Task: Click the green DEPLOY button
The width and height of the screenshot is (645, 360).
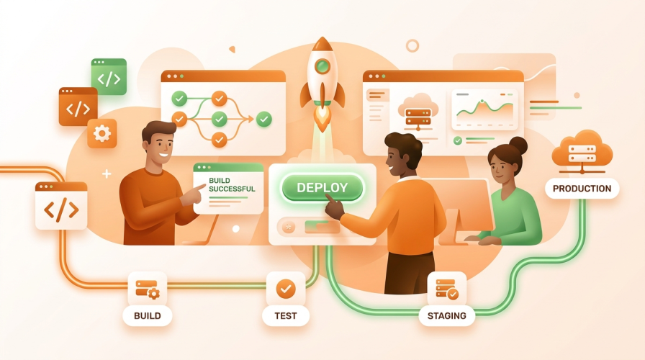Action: tap(322, 188)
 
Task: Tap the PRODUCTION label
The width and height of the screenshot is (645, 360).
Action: tap(582, 189)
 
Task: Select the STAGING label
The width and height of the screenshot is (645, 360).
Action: tap(447, 316)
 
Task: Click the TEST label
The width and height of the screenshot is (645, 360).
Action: tap(286, 316)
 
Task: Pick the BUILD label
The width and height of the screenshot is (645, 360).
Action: tap(148, 316)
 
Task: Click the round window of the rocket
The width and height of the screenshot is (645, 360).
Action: tap(322, 66)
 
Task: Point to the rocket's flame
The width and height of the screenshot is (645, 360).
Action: tap(322, 119)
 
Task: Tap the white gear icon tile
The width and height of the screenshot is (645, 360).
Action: tap(102, 134)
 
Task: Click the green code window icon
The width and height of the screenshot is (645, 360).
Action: tap(109, 77)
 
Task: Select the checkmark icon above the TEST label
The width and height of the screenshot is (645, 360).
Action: tap(286, 289)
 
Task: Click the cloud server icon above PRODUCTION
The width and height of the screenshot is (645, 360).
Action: tap(582, 151)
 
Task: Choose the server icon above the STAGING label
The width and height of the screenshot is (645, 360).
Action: tap(447, 289)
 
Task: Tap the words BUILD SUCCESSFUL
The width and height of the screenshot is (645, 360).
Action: tap(232, 185)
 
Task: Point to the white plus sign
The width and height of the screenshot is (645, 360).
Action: tap(107, 174)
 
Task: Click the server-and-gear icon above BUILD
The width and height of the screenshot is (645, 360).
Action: tap(148, 289)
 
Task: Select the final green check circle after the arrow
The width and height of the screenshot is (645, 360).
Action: tap(263, 120)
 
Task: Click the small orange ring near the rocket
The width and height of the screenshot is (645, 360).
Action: tap(412, 45)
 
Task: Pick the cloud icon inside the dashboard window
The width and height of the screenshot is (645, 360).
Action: tap(418, 111)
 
